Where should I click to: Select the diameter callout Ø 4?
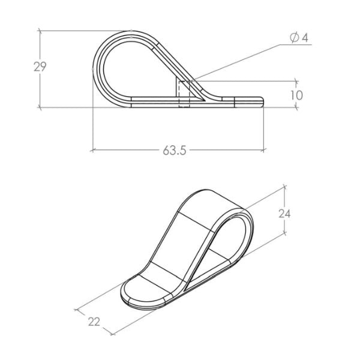click(x=298, y=38)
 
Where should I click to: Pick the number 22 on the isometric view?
click(x=94, y=322)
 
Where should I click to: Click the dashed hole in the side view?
click(x=184, y=94)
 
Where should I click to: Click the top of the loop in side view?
click(x=132, y=32)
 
